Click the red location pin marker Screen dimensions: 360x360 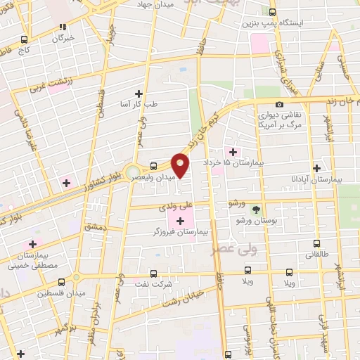coord(181,167)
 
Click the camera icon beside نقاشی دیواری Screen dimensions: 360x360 coord(280,104)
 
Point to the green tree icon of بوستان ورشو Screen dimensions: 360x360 coord(256,208)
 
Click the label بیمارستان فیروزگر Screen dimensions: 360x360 coord(179,231)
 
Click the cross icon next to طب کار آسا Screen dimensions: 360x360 coord(139,93)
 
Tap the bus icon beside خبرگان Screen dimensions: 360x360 coord(25,39)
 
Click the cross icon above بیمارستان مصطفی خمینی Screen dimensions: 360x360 coord(32,244)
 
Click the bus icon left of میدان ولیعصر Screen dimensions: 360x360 coord(152,167)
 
